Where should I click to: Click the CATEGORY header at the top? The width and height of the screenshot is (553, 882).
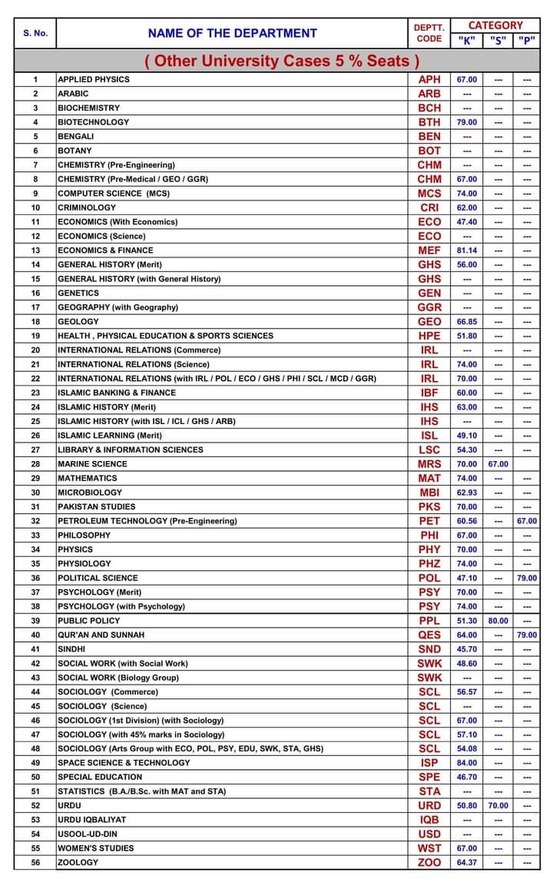tap(495, 25)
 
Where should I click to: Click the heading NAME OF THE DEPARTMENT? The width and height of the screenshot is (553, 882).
tap(232, 33)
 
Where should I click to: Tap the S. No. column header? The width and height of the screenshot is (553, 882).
tap(35, 33)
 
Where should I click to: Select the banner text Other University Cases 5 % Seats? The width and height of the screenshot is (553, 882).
tap(283, 61)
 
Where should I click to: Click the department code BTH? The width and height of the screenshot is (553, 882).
tap(429, 122)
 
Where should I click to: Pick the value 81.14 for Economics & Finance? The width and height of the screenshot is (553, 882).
tap(466, 250)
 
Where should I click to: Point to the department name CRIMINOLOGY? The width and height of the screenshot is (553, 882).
tap(87, 207)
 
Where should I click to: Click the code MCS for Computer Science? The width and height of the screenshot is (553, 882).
tap(429, 194)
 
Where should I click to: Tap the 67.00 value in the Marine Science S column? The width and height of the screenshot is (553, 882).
tap(498, 464)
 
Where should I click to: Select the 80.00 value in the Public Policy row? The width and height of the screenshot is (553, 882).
tap(498, 621)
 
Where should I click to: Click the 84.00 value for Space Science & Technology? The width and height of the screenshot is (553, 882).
tap(466, 763)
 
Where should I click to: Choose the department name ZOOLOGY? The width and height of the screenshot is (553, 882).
tap(78, 863)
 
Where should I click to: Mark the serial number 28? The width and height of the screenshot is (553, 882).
tap(35, 464)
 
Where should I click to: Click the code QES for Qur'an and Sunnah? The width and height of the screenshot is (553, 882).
tap(429, 635)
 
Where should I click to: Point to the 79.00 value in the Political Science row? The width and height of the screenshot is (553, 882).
tap(527, 578)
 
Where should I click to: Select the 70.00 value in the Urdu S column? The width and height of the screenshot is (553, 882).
tap(498, 806)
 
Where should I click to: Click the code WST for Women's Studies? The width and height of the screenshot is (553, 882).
tap(429, 848)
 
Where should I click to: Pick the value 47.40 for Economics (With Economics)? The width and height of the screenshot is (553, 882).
tap(466, 222)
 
